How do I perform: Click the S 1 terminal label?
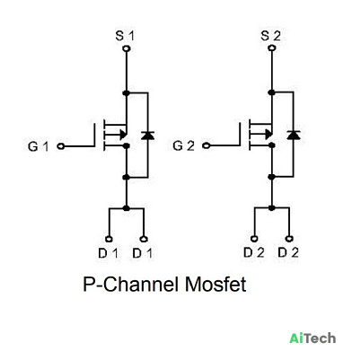pyautogui.click(x=125, y=36)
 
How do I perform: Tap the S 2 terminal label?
pyautogui.click(x=270, y=36)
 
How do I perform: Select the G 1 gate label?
pyautogui.click(x=38, y=146)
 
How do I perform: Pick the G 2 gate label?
pyautogui.click(x=183, y=145)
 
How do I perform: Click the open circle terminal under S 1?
pyautogui.click(x=127, y=48)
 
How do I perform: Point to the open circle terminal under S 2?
pyautogui.click(x=272, y=48)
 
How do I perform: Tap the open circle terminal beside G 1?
pyautogui.click(x=61, y=146)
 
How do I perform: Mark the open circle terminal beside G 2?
pyautogui.click(x=206, y=145)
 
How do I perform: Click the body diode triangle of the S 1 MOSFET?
pyautogui.click(x=147, y=136)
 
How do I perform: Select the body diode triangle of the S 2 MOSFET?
pyautogui.click(x=293, y=135)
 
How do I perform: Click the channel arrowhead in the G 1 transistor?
pyautogui.click(x=123, y=135)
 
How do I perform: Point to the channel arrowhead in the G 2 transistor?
pyautogui.click(x=269, y=134)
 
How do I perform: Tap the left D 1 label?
pyautogui.click(x=108, y=253)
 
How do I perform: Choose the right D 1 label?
pyautogui.click(x=143, y=253)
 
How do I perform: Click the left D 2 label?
pyautogui.click(x=254, y=253)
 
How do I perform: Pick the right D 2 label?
pyautogui.click(x=288, y=253)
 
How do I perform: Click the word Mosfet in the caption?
pyautogui.click(x=216, y=285)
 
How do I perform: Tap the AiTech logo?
pyautogui.click(x=313, y=338)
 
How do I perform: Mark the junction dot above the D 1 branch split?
pyautogui.click(x=127, y=208)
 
